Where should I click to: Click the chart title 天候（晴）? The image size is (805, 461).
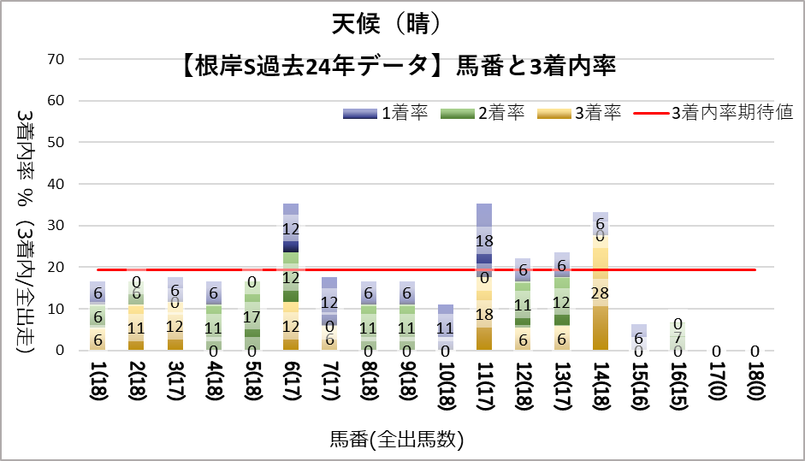(x=388, y=23)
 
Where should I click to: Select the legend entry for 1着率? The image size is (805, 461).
(x=385, y=113)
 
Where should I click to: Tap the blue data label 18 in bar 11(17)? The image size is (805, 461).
(x=484, y=241)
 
